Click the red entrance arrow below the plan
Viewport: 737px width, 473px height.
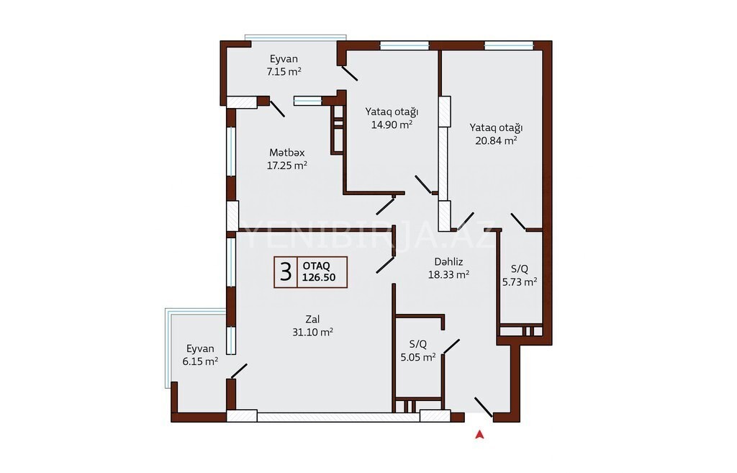pyautogui.click(x=479, y=434)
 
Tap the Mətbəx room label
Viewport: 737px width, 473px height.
pyautogui.click(x=286, y=153)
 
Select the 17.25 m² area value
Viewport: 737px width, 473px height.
pyautogui.click(x=286, y=166)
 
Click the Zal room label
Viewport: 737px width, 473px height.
pyautogui.click(x=312, y=320)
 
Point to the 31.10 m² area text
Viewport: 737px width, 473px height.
pyautogui.click(x=312, y=333)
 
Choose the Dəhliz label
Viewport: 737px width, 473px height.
pyautogui.click(x=448, y=262)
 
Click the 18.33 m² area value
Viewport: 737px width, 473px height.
pyautogui.click(x=448, y=274)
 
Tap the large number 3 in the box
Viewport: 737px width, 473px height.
pyautogui.click(x=285, y=272)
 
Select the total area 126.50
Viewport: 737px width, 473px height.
pyautogui.click(x=319, y=277)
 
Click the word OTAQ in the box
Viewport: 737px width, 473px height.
pyautogui.click(x=317, y=266)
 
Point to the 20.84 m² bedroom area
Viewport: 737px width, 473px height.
pyautogui.click(x=496, y=140)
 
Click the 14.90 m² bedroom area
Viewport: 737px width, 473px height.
pyautogui.click(x=392, y=125)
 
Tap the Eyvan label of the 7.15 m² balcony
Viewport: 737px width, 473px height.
pyautogui.click(x=284, y=59)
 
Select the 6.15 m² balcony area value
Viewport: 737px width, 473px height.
pyautogui.click(x=200, y=361)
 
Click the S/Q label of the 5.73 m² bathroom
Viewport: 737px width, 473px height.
pyautogui.click(x=520, y=269)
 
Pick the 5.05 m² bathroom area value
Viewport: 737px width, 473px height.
pyautogui.click(x=418, y=357)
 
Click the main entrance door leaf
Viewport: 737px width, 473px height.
pyautogui.click(x=484, y=407)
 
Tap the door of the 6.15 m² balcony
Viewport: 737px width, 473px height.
pyautogui.click(x=239, y=371)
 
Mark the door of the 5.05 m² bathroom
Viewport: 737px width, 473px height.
pyautogui.click(x=451, y=347)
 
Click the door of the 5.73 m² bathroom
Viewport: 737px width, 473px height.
pyautogui.click(x=518, y=222)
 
